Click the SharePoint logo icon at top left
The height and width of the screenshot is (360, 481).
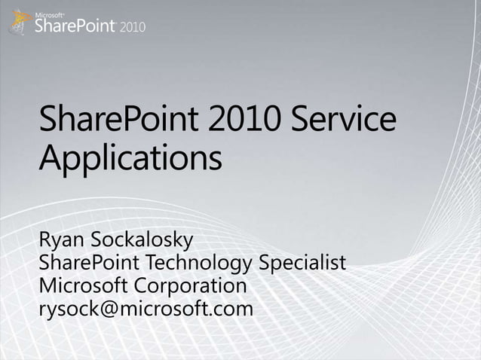(19, 21)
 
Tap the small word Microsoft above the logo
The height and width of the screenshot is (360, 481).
(50, 13)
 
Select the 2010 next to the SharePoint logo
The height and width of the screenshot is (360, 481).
(131, 27)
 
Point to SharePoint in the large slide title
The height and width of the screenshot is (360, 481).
(112, 123)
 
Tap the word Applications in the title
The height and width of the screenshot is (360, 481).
(130, 160)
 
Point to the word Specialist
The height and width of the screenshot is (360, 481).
(302, 264)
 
